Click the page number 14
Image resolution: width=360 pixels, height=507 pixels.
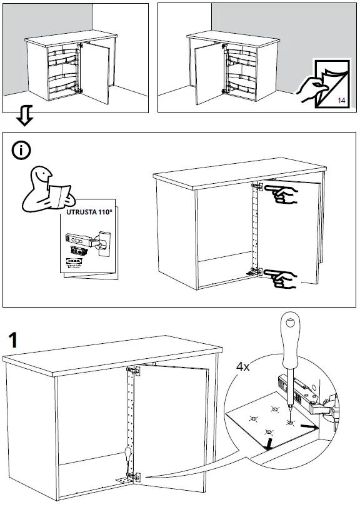click(x=341, y=101)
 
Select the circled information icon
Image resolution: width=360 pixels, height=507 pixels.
click(x=23, y=150)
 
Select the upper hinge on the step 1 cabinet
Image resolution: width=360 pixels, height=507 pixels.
click(x=136, y=373)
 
